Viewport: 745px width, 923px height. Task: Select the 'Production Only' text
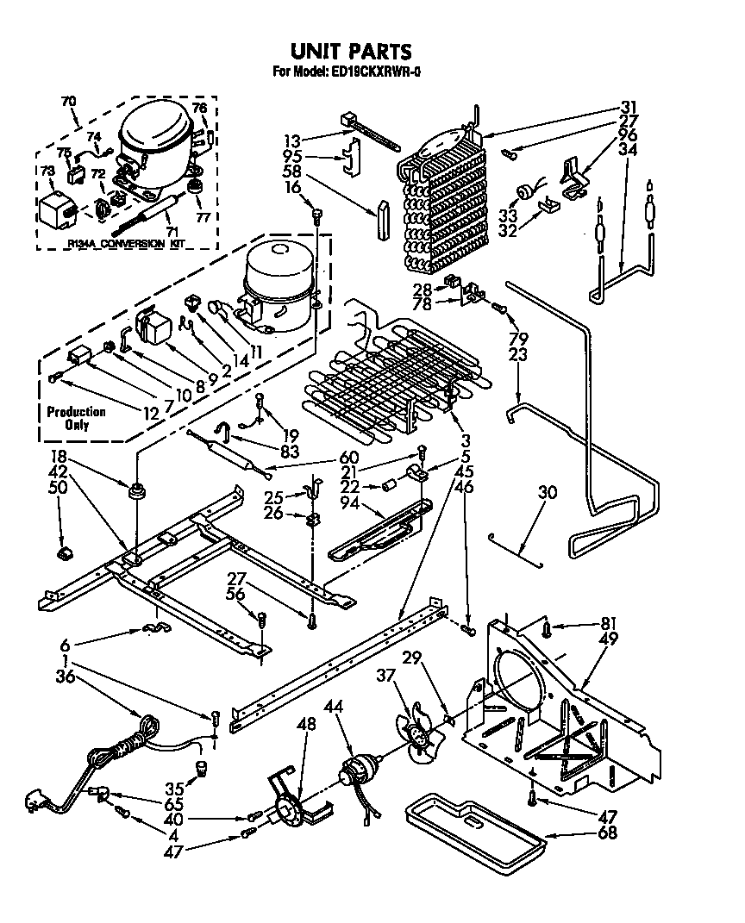[x=76, y=419]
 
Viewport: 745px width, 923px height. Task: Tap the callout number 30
[x=547, y=494]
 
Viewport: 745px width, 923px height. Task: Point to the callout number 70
[x=68, y=101]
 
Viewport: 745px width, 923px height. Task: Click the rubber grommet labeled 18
[x=136, y=493]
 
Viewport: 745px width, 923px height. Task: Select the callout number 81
[x=585, y=625]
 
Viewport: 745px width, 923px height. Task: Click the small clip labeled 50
[x=64, y=552]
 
